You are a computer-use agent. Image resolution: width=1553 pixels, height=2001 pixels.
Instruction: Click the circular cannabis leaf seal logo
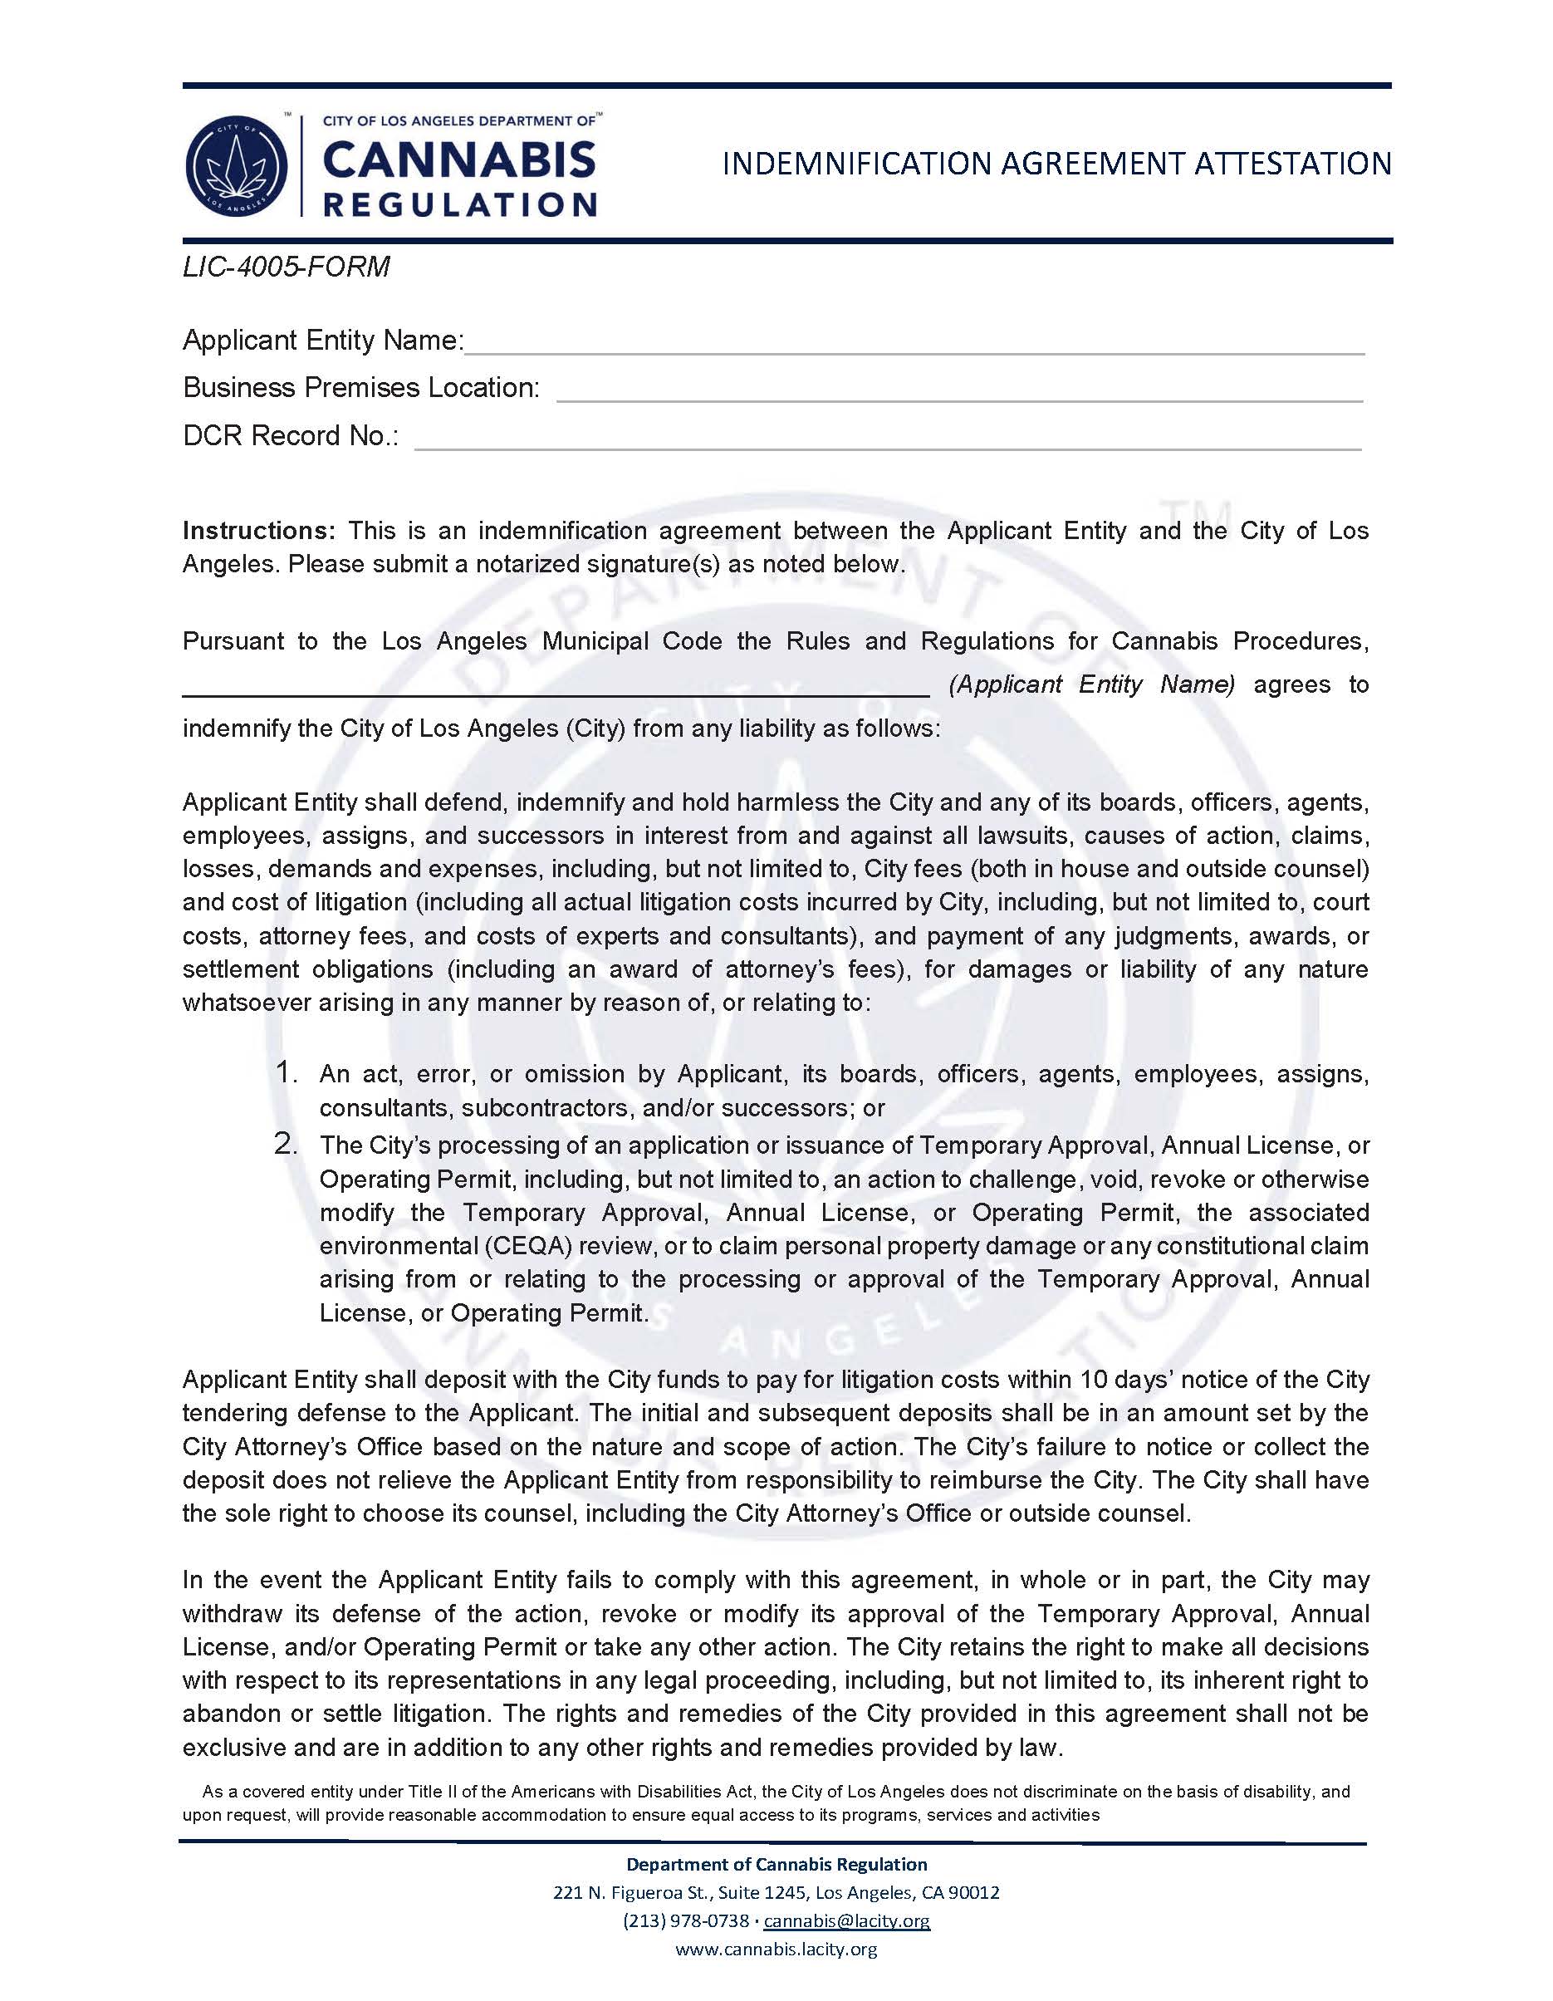(237, 166)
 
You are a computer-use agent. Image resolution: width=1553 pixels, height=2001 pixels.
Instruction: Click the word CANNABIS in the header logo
(459, 161)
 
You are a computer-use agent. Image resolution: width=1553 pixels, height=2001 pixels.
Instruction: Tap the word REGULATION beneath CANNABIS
(460, 204)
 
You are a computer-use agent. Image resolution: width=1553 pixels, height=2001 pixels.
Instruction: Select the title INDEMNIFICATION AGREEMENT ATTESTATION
(1056, 164)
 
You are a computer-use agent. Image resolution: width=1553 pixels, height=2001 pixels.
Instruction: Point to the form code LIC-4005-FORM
(286, 267)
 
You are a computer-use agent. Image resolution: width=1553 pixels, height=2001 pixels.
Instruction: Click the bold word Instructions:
(260, 531)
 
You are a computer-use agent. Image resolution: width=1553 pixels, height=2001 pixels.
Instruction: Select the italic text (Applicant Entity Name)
(1092, 684)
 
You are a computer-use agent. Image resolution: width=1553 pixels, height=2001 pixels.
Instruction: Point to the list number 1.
(286, 1072)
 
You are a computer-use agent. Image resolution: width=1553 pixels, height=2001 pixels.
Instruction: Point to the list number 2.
(286, 1145)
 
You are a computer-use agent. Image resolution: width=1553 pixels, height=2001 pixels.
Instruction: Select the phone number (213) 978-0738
(685, 1920)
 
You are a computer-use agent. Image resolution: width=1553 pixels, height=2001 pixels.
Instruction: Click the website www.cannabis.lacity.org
(776, 1949)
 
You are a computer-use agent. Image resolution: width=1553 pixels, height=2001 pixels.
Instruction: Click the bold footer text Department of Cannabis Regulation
(776, 1864)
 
